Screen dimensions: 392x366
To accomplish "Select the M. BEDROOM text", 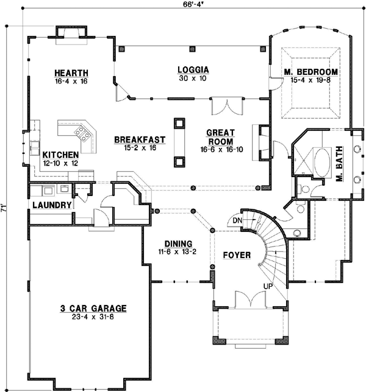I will pos(311,71).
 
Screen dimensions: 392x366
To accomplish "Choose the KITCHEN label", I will pos(60,155).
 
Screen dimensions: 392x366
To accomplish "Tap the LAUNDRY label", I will pos(52,205).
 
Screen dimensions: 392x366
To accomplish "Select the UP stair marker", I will pos(268,285).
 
